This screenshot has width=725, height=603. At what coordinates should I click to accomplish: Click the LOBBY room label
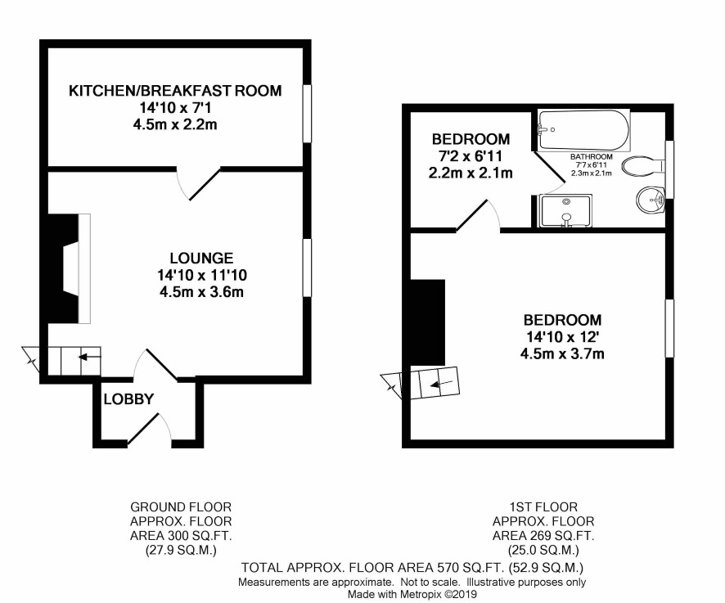coord(128,399)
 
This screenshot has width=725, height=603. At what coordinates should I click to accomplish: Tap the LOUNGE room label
coord(201,258)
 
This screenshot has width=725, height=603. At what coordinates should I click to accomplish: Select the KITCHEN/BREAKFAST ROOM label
coord(175,91)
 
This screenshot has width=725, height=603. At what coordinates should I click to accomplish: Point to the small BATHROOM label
coord(592,157)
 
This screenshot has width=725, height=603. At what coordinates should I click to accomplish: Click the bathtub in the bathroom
coord(583,130)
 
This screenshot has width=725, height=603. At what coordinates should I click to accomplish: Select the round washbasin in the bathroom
coord(650,200)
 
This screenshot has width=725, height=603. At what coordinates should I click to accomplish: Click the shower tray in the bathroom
coord(565,211)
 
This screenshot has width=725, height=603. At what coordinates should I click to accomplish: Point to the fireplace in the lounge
coord(70,268)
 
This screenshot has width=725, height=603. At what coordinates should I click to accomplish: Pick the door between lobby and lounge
coord(155,365)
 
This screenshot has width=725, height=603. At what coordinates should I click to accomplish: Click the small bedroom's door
coord(478,215)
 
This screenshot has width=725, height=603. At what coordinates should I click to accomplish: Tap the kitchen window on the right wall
coord(307,113)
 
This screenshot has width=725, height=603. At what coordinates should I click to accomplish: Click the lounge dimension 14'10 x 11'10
coord(202,276)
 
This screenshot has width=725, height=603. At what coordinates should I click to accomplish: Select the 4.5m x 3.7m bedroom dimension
coord(562,354)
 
